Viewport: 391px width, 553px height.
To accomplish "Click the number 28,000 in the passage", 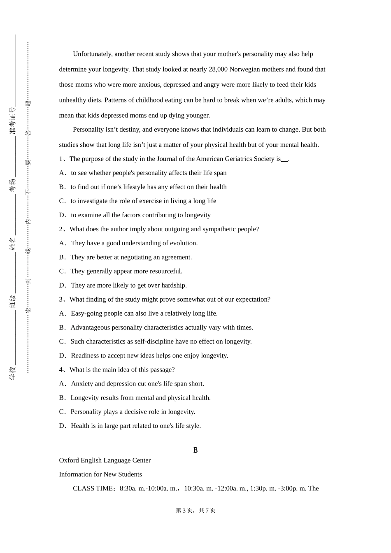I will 218,69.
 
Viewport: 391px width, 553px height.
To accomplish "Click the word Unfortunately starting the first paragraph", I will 93,54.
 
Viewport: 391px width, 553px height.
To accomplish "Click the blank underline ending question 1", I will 284,160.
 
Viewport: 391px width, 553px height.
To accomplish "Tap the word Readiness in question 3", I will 85,355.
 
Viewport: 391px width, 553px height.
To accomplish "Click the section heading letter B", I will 195,450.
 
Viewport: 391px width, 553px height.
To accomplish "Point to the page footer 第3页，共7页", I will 195,510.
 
